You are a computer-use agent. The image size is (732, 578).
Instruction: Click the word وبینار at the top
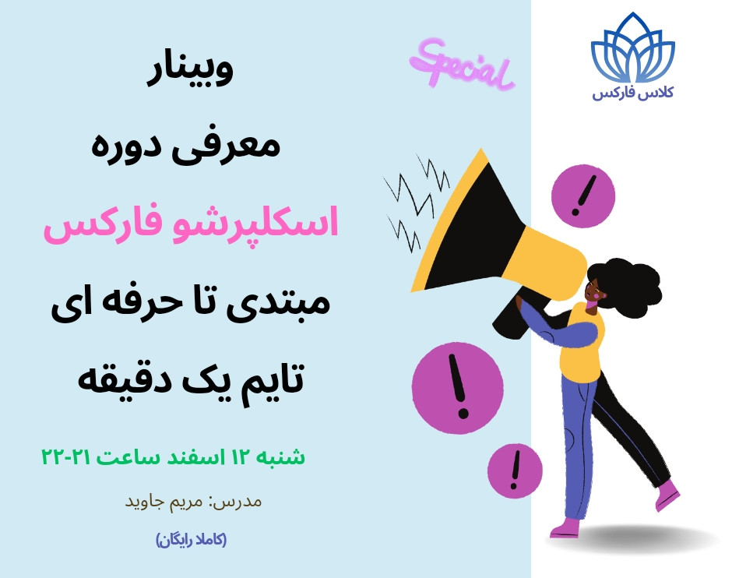coord(190,72)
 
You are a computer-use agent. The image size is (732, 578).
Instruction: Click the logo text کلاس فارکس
coord(633,93)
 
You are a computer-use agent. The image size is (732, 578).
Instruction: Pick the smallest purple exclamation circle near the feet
coord(515,471)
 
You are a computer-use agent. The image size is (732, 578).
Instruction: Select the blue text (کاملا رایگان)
coord(191,539)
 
